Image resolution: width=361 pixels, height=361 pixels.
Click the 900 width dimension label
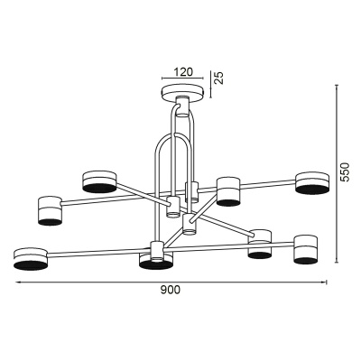(170, 290)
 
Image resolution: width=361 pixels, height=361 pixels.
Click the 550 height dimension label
(345, 172)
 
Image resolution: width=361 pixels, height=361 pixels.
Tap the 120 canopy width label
(182, 72)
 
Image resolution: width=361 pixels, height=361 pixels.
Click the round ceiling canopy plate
(183, 93)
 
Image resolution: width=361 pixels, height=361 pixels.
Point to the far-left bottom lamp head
(31, 258)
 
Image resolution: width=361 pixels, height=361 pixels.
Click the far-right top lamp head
(311, 183)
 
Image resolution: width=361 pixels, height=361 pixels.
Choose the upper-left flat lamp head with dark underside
(99, 181)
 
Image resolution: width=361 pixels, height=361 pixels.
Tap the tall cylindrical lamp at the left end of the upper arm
(50, 211)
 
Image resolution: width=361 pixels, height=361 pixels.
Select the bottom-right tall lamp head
(306, 250)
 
